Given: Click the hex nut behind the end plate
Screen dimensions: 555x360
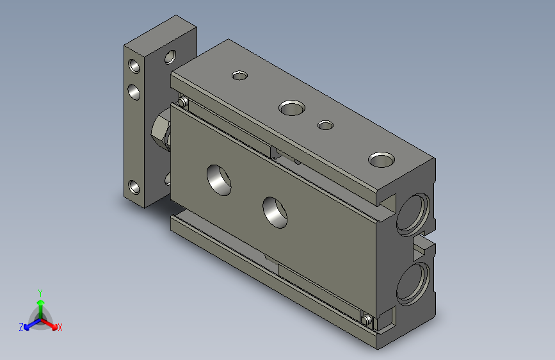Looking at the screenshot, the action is (x=161, y=130).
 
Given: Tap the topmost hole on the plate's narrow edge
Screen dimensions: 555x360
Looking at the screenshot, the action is (x=134, y=66).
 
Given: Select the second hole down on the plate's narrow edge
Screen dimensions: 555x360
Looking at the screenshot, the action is (x=134, y=92).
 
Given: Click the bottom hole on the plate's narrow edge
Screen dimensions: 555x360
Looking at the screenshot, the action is (x=134, y=187).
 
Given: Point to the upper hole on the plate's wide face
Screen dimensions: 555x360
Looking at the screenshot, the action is (x=170, y=57).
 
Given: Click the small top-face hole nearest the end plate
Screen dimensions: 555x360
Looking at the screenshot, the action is (x=239, y=76).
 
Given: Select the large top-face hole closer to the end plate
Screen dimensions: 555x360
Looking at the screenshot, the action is (x=292, y=108).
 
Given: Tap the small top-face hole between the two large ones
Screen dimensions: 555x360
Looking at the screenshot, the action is (x=325, y=125).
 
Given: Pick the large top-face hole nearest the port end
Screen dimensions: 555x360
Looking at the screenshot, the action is (x=382, y=160).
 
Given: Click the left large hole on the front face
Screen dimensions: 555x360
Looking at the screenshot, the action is (x=219, y=180).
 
